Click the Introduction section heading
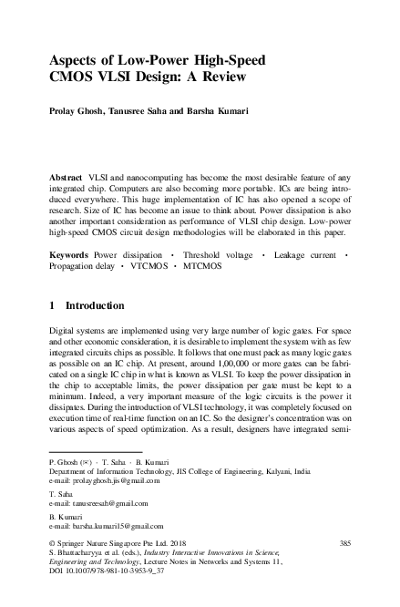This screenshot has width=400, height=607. coord(101,305)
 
